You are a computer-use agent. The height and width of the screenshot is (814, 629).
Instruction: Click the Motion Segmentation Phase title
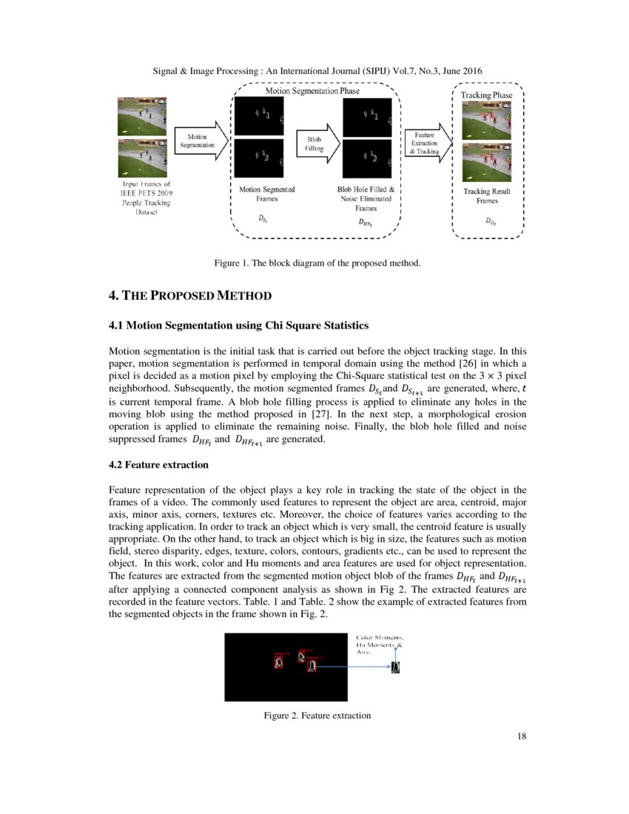[x=312, y=91]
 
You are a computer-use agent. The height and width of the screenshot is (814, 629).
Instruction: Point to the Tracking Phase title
[x=486, y=95]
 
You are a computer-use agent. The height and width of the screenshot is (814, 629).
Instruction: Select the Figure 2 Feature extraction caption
[x=317, y=716]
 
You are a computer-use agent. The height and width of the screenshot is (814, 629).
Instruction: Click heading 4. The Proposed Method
[x=190, y=296]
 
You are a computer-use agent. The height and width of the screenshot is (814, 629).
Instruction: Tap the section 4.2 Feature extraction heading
[x=158, y=465]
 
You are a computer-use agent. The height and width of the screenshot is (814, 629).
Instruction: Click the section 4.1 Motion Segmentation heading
[x=238, y=325]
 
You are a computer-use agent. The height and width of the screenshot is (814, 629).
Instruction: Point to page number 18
[x=522, y=736]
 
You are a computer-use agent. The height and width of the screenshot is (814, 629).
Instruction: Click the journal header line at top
[x=317, y=70]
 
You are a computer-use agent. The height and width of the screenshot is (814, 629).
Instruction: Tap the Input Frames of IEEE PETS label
[x=147, y=197]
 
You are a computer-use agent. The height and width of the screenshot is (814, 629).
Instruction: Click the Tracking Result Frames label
[x=487, y=196]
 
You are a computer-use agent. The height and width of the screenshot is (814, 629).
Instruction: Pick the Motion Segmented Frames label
[x=267, y=195]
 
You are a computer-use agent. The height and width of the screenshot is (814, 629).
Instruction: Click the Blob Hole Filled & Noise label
[x=366, y=198]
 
